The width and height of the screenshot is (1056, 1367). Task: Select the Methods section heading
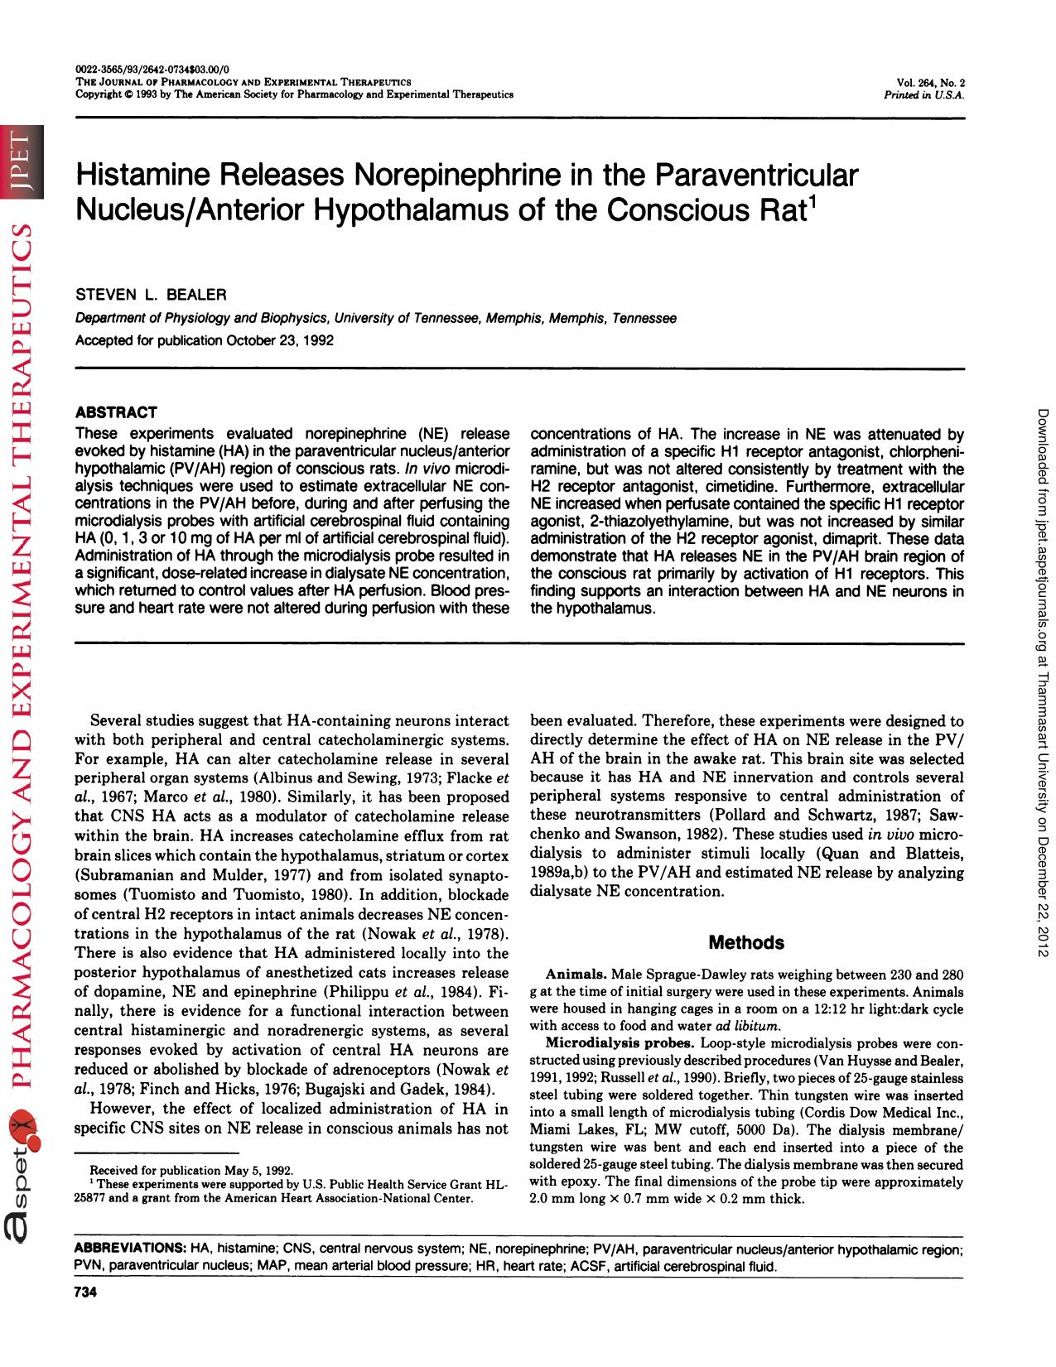click(x=746, y=942)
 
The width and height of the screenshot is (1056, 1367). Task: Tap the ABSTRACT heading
click(x=116, y=412)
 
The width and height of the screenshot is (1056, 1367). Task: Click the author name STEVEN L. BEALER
click(x=151, y=295)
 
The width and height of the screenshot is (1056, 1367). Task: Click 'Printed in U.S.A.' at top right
click(x=925, y=94)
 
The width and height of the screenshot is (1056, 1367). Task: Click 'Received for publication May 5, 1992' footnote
click(x=190, y=1170)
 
